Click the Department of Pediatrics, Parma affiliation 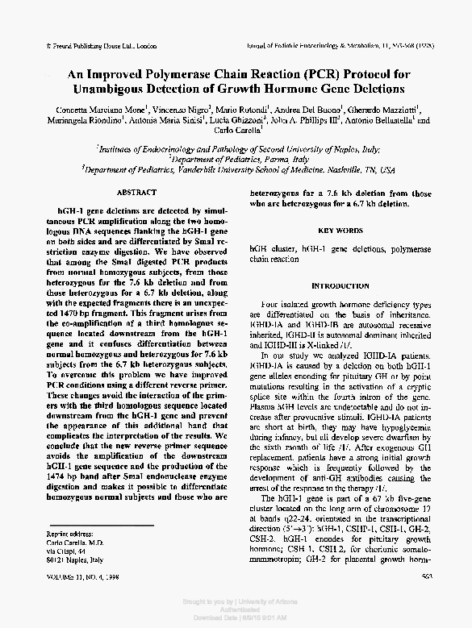click(x=236, y=160)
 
